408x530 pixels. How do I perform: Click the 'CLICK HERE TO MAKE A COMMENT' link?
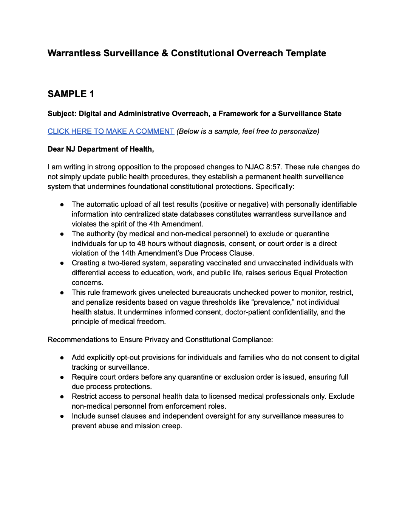click(x=111, y=131)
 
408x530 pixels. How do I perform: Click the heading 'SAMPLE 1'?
click(x=71, y=94)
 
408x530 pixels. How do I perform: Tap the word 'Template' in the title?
click(x=306, y=53)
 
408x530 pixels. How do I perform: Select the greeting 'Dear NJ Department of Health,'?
click(x=100, y=149)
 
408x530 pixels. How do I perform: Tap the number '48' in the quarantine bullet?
click(x=141, y=243)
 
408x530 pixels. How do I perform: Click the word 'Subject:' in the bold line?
click(x=62, y=114)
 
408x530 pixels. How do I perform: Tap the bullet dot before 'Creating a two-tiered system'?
click(x=62, y=263)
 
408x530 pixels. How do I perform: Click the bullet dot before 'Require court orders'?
click(x=62, y=377)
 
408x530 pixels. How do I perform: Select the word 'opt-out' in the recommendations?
click(x=129, y=358)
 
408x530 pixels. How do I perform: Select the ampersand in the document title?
click(x=165, y=53)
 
